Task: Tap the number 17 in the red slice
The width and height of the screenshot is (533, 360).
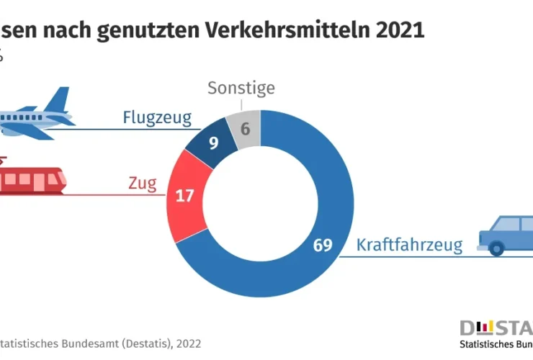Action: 185,195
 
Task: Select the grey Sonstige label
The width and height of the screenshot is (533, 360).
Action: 241,89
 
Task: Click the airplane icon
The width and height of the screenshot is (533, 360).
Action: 32,115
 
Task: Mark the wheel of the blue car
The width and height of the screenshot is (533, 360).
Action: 496,248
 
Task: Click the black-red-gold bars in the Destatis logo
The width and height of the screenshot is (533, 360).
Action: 488,328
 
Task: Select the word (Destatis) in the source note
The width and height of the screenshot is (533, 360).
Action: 140,343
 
